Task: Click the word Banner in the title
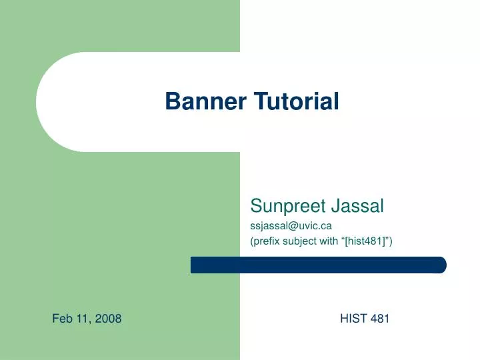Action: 206,101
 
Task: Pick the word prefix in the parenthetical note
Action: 265,242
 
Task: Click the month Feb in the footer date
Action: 62,319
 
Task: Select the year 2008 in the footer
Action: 109,319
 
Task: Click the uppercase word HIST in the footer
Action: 353,319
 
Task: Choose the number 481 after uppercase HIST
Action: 379,319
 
